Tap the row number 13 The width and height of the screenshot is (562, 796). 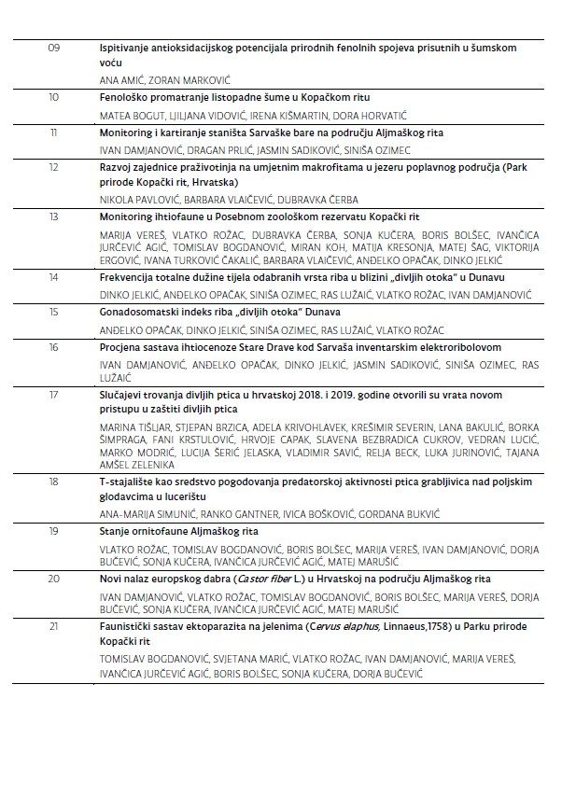tap(53, 216)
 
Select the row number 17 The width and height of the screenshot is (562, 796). tap(53, 395)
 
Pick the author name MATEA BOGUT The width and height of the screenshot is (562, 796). tap(126, 116)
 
